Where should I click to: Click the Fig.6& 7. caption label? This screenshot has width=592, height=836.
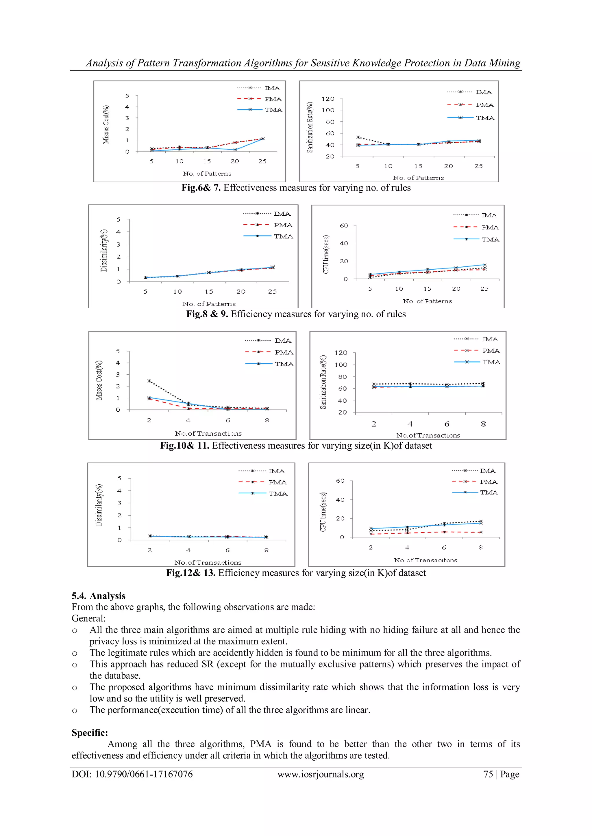[201, 188]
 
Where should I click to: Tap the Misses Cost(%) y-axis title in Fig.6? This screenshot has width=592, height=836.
[106, 124]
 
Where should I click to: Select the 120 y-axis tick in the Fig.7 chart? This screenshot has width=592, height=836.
[328, 99]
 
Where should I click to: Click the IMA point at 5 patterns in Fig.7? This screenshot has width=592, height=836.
[358, 137]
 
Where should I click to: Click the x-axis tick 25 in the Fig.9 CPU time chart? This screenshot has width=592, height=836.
[484, 289]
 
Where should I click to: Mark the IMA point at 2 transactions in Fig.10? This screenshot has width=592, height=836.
[149, 381]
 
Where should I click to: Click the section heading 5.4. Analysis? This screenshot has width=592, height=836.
[98, 596]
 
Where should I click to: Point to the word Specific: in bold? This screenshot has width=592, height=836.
[90, 733]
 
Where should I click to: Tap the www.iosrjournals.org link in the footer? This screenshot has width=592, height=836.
[320, 774]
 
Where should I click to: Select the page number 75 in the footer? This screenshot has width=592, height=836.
[488, 774]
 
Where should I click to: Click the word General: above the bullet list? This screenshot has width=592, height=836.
[88, 618]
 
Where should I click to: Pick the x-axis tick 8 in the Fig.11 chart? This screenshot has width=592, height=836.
[483, 424]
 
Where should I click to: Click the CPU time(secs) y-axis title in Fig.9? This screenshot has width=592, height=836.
[326, 254]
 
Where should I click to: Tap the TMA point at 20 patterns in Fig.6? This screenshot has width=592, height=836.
[235, 150]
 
